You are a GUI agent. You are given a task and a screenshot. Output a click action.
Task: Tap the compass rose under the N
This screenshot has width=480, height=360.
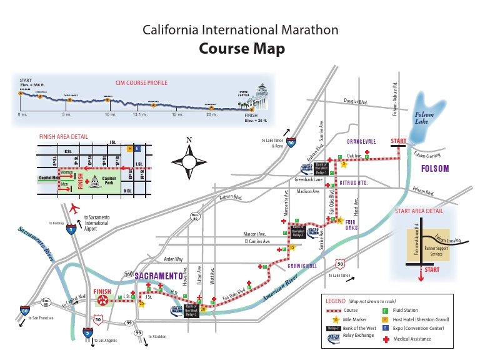[189, 161]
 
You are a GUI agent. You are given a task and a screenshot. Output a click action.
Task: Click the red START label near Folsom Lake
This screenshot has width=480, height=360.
[399, 141]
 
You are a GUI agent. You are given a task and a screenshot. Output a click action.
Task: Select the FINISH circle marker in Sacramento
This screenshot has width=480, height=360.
[102, 300]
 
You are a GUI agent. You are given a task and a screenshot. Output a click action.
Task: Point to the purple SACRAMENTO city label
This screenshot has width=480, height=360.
[158, 276]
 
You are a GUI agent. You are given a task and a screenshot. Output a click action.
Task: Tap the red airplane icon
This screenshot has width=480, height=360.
[76, 207]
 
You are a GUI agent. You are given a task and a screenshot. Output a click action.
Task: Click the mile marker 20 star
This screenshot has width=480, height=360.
[203, 308]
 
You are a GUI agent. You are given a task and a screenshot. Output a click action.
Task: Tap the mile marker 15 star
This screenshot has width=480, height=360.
[274, 247]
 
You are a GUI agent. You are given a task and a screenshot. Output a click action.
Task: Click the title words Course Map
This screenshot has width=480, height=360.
[241, 49]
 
